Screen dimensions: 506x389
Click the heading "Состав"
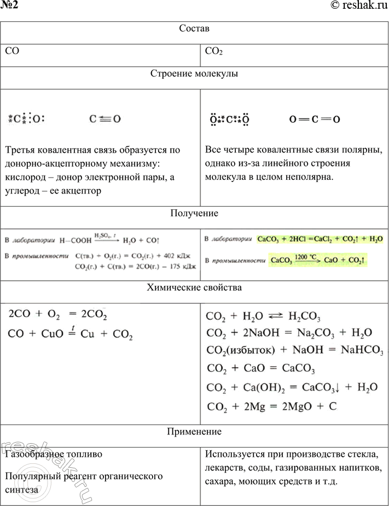pos(194,28)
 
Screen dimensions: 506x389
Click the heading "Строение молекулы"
pos(194,73)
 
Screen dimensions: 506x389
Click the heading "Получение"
pos(194,213)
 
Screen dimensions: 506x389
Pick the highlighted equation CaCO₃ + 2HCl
pos(320,239)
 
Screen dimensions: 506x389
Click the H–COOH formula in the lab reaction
pos(73,240)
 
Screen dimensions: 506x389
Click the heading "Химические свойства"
pos(194,287)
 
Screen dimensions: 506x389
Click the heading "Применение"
pos(194,432)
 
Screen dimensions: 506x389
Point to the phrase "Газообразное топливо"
pos(53,454)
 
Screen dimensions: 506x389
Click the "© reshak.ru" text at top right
pos(358,5)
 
